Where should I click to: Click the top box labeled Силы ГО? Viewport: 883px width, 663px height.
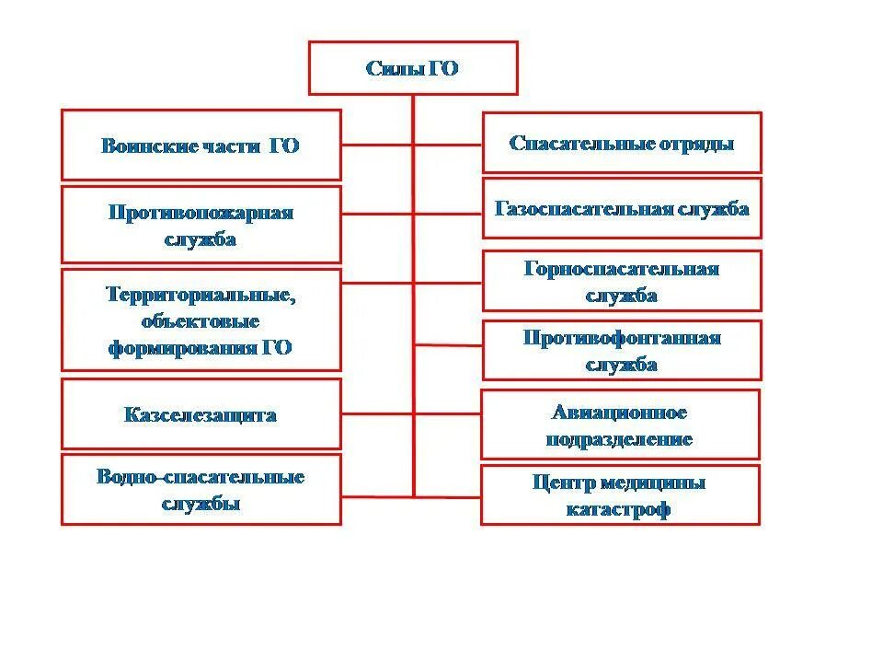[413, 68]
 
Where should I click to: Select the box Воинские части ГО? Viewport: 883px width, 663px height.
[201, 145]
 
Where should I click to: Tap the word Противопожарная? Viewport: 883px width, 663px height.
[201, 213]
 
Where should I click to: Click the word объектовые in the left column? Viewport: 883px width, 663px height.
[201, 321]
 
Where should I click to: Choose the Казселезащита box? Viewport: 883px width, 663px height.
[201, 415]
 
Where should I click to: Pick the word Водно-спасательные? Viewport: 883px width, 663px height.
[201, 477]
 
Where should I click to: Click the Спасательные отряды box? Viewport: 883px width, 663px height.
[622, 144]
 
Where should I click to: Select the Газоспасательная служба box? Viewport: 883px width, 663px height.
[622, 208]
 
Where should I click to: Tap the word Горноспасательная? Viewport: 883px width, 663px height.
[622, 269]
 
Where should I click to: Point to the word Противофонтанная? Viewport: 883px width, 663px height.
[622, 337]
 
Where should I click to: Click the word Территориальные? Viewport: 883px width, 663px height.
[201, 295]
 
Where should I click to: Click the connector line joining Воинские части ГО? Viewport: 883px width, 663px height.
[377, 145]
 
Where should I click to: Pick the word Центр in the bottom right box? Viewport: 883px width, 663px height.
[562, 483]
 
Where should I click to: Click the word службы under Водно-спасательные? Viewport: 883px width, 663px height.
[201, 504]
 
